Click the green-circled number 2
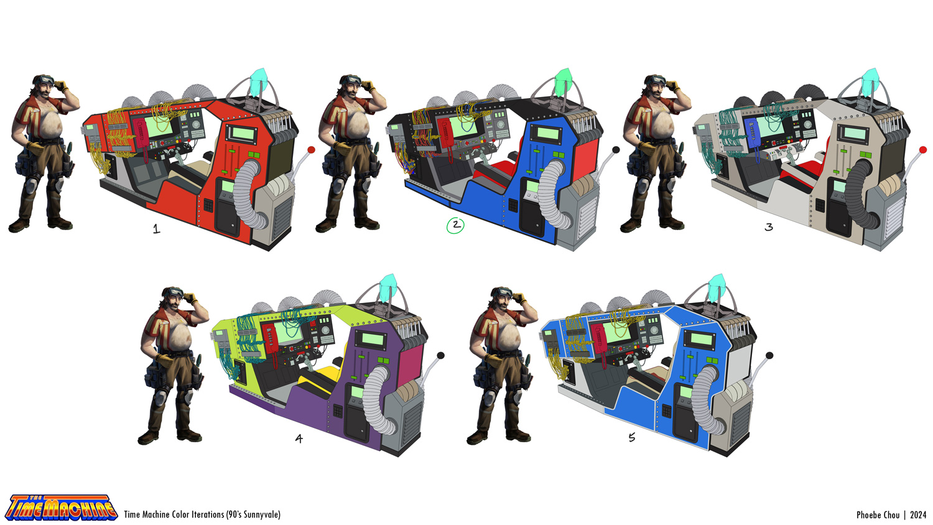(x=455, y=225)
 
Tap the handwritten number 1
(x=157, y=229)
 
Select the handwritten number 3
(x=769, y=227)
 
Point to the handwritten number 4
(x=299, y=439)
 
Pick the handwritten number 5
(x=632, y=437)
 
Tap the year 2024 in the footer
(x=917, y=515)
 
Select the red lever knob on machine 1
(x=311, y=150)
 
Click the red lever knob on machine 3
(x=923, y=150)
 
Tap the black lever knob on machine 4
(x=440, y=355)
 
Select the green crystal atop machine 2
(x=563, y=80)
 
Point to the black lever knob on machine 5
(x=769, y=355)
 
